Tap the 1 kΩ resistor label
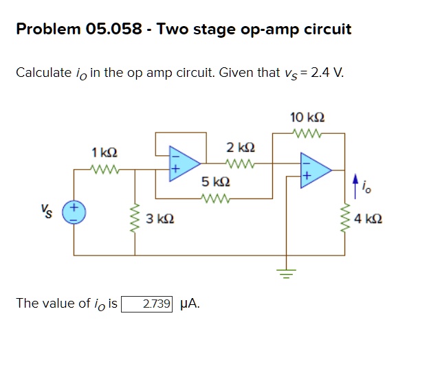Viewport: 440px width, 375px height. pyautogui.click(x=104, y=150)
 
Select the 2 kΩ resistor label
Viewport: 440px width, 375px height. pyautogui.click(x=241, y=148)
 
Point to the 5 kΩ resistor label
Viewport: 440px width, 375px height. pyautogui.click(x=215, y=183)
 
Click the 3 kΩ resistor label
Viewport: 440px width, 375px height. pyautogui.click(x=159, y=219)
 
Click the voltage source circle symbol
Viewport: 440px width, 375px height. pyautogui.click(x=74, y=212)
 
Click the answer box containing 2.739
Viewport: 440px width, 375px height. pyautogui.click(x=147, y=304)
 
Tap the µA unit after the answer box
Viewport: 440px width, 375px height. pyautogui.click(x=189, y=304)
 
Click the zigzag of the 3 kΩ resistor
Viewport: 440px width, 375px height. pyautogui.click(x=135, y=218)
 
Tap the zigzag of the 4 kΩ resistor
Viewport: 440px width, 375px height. pyautogui.click(x=344, y=218)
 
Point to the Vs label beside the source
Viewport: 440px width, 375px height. pyautogui.click(x=49, y=208)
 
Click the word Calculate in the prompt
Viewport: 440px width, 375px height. pyautogui.click(x=43, y=72)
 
